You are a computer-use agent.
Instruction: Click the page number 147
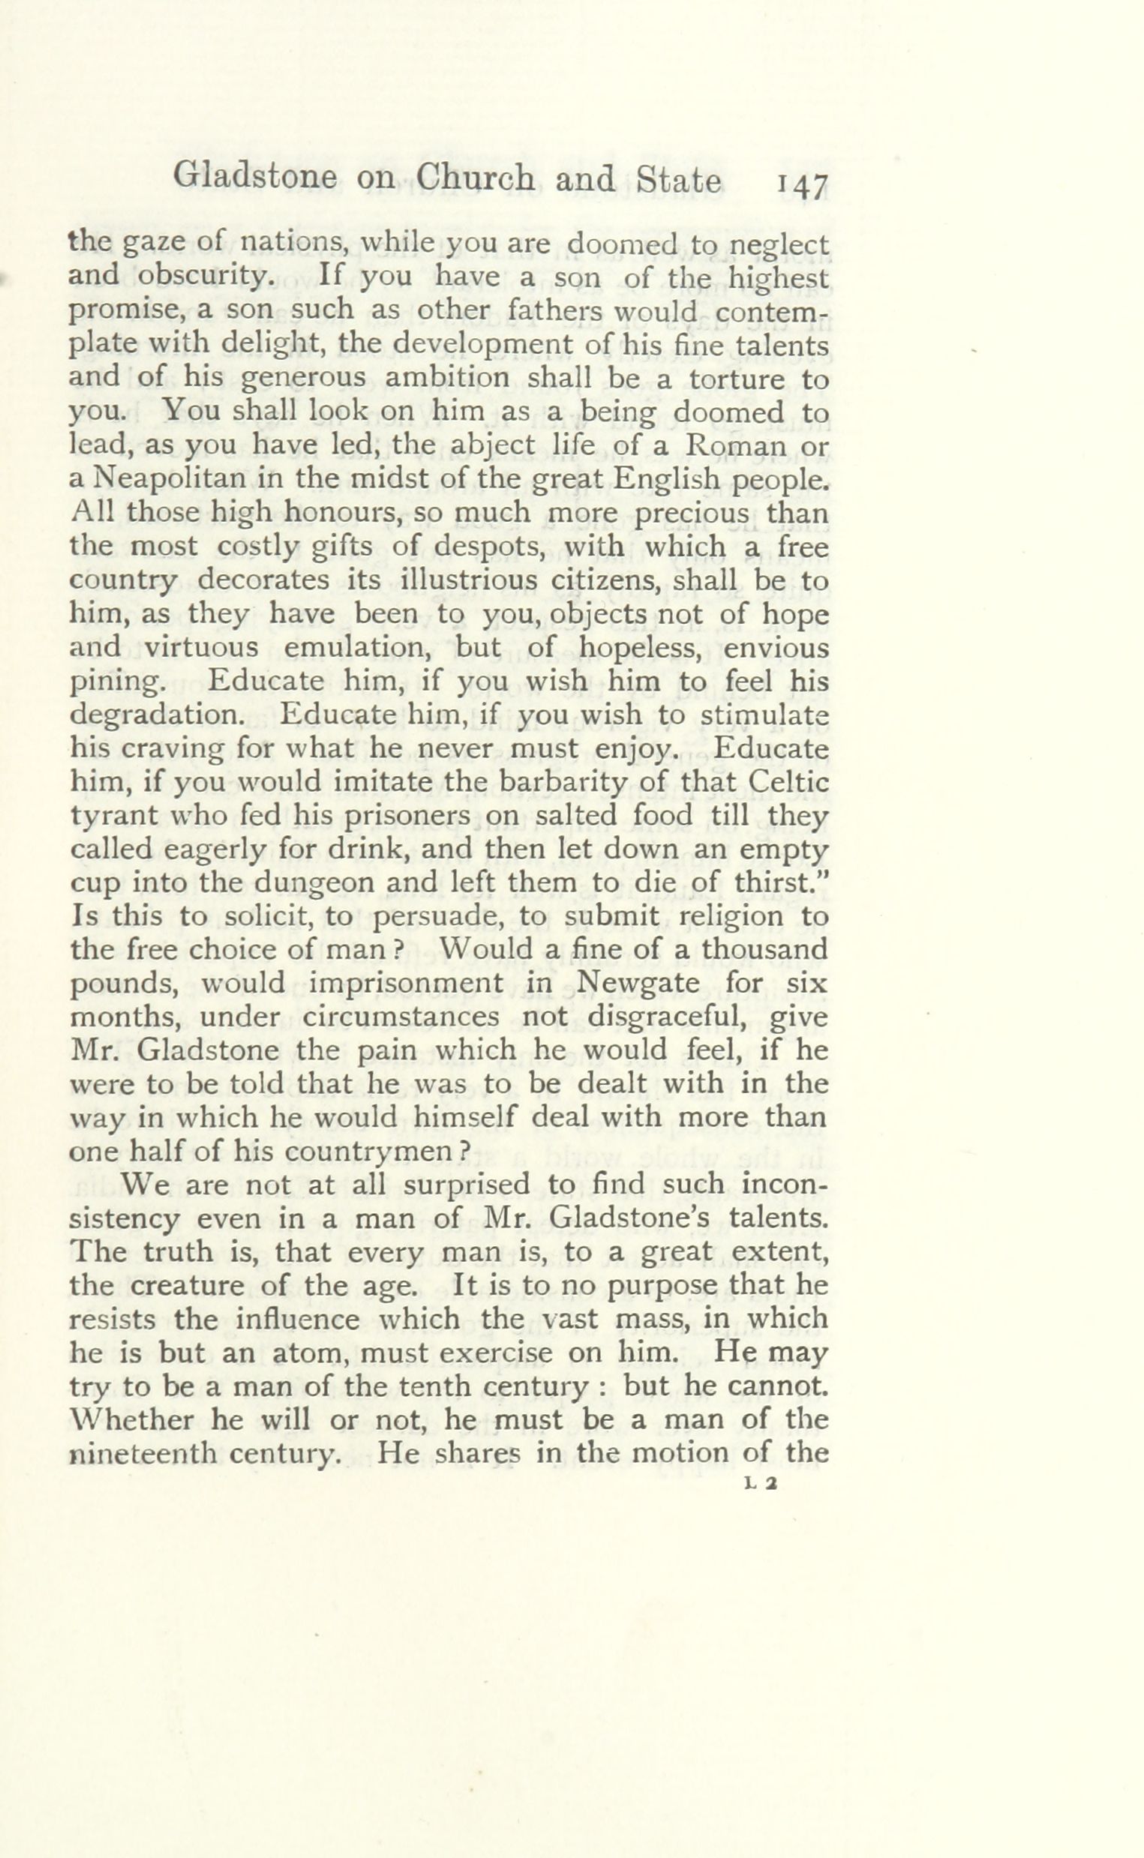[x=801, y=185]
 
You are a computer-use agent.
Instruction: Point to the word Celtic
[x=790, y=781]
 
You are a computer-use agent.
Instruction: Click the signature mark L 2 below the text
[x=761, y=1484]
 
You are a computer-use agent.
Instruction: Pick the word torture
[x=738, y=378]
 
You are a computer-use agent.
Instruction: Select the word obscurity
[x=205, y=277]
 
